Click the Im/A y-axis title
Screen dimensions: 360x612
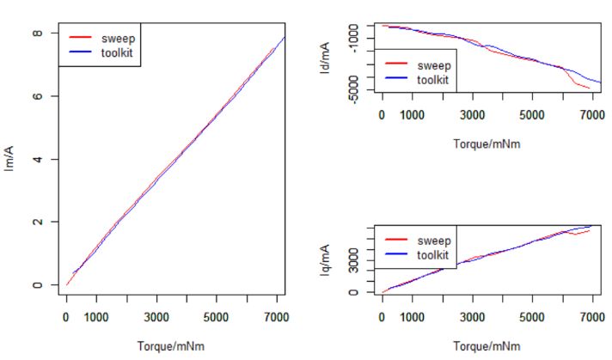click(x=9, y=159)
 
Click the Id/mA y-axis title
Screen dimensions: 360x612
click(x=325, y=62)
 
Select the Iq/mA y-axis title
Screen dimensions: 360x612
click(x=325, y=259)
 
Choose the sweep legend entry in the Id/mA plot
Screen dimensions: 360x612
click(x=432, y=64)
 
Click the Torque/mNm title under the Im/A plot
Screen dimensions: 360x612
click(x=171, y=346)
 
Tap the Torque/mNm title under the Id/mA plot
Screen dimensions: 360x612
click(x=487, y=143)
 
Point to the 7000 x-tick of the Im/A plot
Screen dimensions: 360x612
click(x=276, y=316)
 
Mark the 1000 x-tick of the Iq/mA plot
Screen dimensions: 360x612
click(x=412, y=316)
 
